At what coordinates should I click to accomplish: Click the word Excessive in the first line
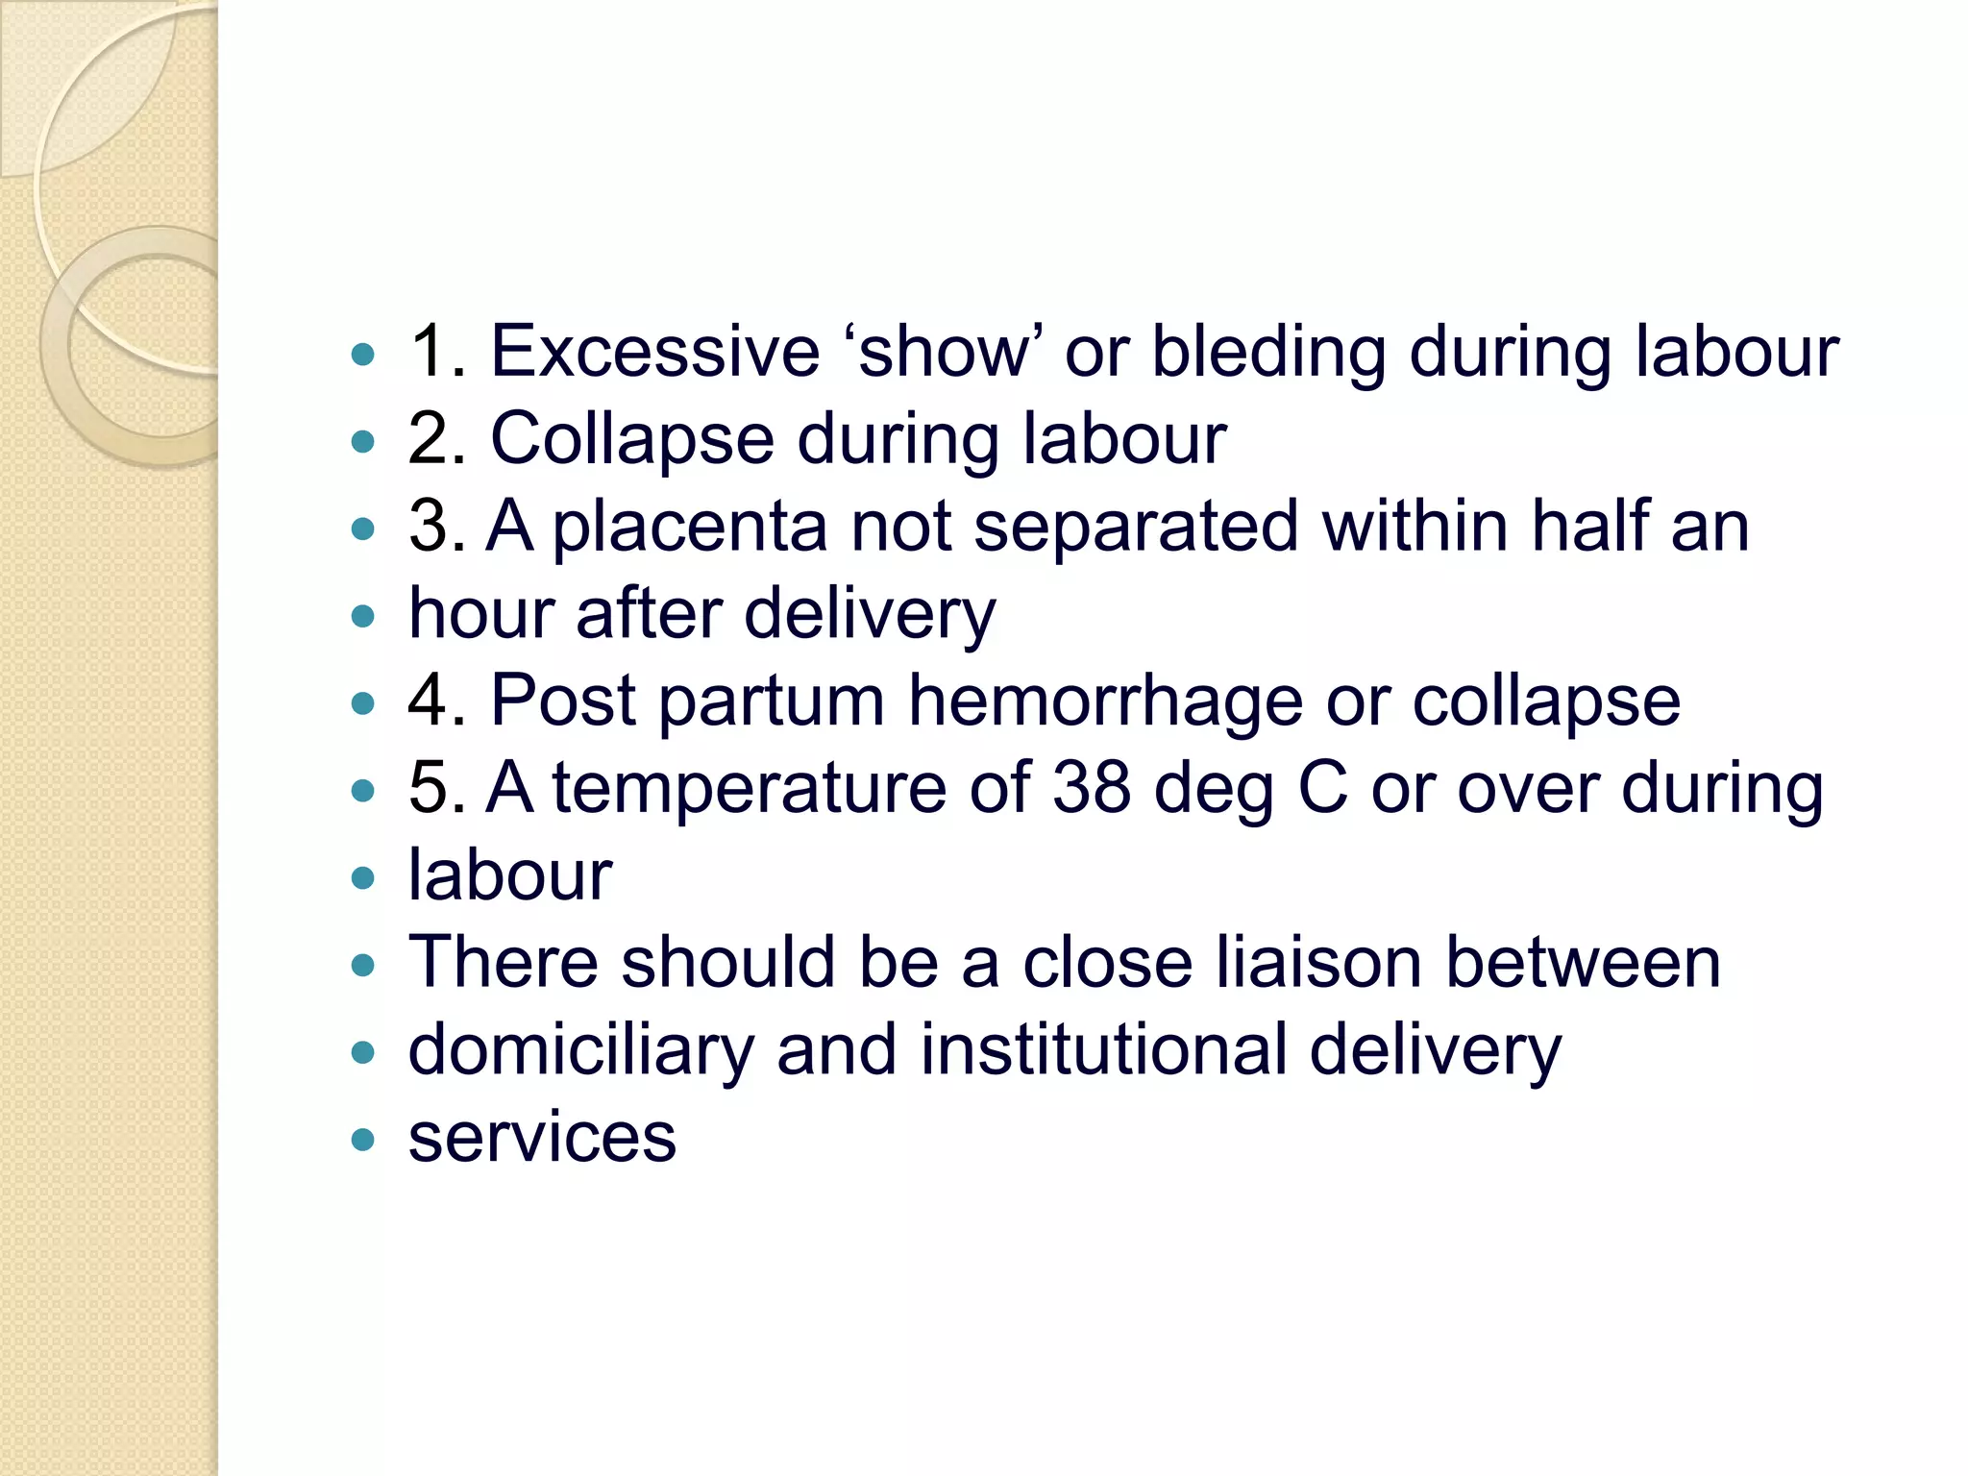coord(654,352)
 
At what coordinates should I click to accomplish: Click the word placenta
coord(690,529)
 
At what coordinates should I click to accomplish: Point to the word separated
coord(1136,527)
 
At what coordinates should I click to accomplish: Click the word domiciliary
coord(580,1051)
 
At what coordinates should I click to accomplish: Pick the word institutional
coord(1103,1049)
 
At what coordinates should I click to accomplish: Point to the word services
coord(542,1138)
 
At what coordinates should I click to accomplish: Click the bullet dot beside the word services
coord(362,1141)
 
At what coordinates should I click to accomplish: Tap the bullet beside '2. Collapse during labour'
coord(362,442)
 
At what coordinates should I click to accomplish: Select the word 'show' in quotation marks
coord(943,352)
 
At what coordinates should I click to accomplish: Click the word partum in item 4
coord(771,701)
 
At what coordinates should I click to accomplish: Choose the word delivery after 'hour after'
coord(870,615)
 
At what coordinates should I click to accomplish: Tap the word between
coord(1583,963)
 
